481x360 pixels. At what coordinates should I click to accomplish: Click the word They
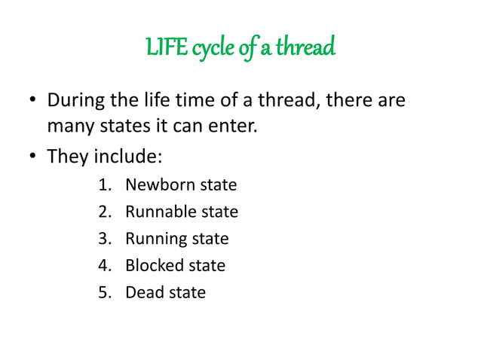click(67, 157)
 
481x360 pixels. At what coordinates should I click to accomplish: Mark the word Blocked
click(154, 265)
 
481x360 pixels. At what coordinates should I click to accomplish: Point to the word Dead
click(143, 292)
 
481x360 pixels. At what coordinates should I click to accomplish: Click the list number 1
click(103, 185)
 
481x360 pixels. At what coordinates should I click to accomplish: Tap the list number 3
click(103, 239)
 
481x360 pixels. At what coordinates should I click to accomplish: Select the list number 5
click(103, 292)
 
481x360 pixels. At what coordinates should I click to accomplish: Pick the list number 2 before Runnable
click(103, 212)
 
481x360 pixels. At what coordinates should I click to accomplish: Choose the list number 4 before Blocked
click(103, 265)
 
